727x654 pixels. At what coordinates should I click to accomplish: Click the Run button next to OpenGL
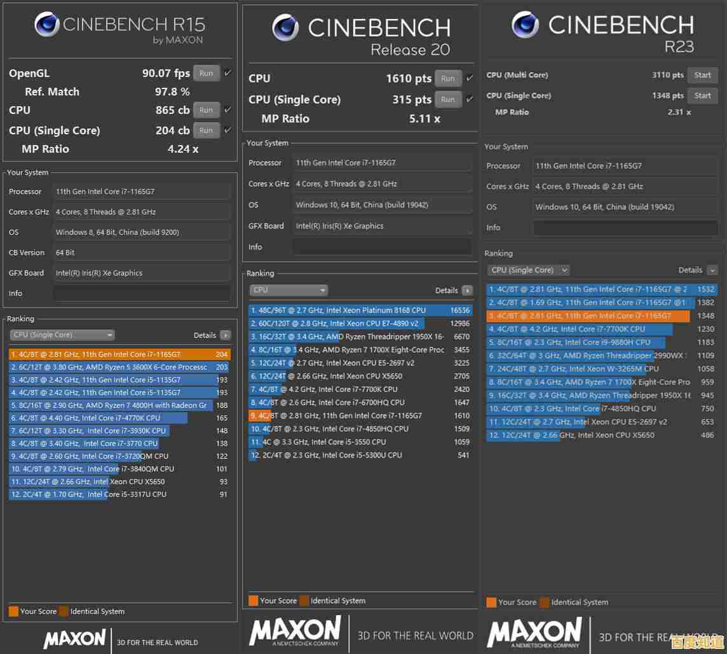click(x=206, y=73)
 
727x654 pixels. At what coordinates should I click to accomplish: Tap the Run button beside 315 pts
click(x=448, y=99)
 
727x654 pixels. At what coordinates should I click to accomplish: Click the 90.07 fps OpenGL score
click(x=166, y=73)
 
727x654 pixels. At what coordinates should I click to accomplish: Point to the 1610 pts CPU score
click(x=408, y=78)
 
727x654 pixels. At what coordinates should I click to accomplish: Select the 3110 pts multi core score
click(x=667, y=75)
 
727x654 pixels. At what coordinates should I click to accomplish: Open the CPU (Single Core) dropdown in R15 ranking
click(x=62, y=335)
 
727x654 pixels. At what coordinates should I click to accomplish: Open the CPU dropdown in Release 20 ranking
click(x=289, y=290)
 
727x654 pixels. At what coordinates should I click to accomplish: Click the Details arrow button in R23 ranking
click(x=712, y=270)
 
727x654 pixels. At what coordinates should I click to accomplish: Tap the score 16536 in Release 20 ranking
click(x=459, y=310)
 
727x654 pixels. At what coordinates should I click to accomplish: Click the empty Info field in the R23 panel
click(x=625, y=227)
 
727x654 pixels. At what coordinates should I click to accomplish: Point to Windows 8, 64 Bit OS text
click(x=118, y=232)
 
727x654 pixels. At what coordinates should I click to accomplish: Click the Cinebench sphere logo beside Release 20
click(x=285, y=27)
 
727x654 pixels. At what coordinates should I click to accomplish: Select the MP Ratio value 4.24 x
click(x=183, y=149)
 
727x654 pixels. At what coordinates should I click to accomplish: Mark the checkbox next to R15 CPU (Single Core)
click(x=228, y=130)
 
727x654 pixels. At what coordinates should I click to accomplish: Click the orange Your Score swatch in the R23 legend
click(x=491, y=602)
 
